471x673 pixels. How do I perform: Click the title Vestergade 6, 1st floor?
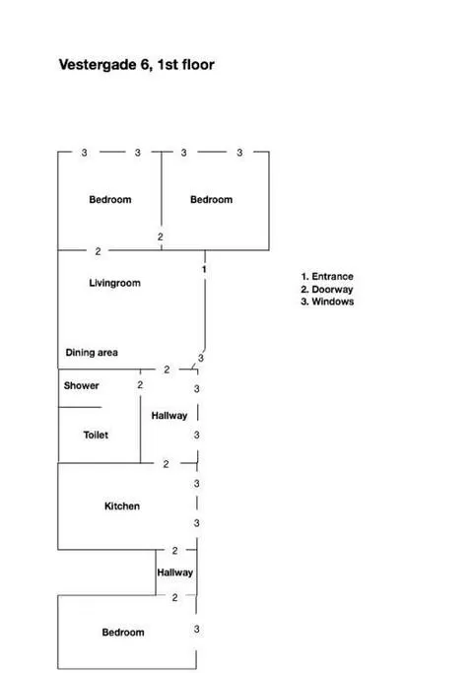(x=137, y=65)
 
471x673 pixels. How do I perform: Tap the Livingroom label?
(x=114, y=283)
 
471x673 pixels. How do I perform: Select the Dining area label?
(x=92, y=353)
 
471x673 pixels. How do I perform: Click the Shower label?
(x=81, y=385)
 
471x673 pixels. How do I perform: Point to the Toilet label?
(x=96, y=435)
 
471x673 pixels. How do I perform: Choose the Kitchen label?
(x=122, y=506)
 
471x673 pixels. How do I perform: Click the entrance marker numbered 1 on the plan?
(x=204, y=269)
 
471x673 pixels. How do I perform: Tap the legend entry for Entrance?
(x=327, y=277)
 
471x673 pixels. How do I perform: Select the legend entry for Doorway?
(x=327, y=290)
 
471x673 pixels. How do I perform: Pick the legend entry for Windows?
(x=327, y=302)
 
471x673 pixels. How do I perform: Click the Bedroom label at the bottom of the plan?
(x=123, y=633)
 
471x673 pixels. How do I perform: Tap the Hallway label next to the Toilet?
(x=169, y=416)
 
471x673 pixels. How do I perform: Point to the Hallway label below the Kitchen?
(x=174, y=572)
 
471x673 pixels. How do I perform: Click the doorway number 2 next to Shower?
(x=140, y=385)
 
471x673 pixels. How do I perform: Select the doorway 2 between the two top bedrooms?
(x=161, y=236)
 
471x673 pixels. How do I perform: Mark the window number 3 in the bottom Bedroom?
(x=196, y=629)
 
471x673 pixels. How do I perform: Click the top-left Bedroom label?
(x=110, y=200)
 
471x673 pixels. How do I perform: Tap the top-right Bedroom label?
(x=211, y=200)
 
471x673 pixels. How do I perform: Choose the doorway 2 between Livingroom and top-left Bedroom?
(x=98, y=251)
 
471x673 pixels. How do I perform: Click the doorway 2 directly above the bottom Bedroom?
(x=174, y=597)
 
